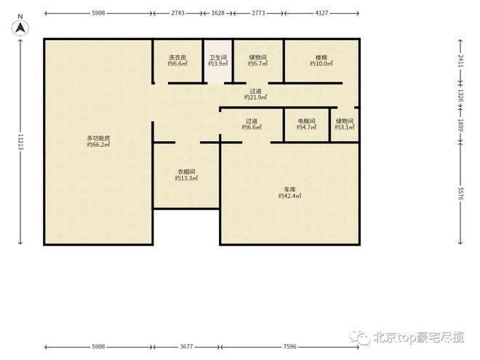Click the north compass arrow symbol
tap(21, 27)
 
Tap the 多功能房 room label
tap(98, 137)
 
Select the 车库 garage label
tap(289, 191)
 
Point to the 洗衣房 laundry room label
tap(177, 57)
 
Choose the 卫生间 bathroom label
tap(218, 57)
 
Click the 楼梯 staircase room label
tap(321, 57)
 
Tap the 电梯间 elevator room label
tap(306, 121)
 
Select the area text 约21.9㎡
tap(255, 97)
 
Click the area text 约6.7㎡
tap(258, 64)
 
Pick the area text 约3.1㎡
tap(344, 128)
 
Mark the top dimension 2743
tap(177, 13)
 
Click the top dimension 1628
tap(218, 13)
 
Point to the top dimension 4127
tap(321, 13)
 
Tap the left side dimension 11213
tap(21, 142)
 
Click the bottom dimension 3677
tap(186, 347)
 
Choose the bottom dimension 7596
tap(289, 347)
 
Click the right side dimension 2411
tap(460, 61)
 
